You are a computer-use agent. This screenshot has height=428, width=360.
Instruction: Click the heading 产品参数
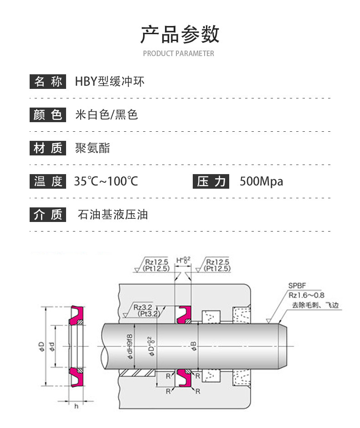coord(180,34)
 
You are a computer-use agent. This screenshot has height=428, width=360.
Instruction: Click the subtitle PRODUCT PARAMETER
coord(179,53)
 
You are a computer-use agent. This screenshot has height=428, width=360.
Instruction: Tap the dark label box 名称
coord(48,81)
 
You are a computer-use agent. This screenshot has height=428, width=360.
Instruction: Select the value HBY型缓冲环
coord(109,81)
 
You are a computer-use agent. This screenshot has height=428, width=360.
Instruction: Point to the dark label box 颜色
coord(48,115)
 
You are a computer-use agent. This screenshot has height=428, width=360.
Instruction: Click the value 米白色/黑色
coord(107,115)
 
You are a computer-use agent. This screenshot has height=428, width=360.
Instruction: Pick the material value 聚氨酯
coord(93,148)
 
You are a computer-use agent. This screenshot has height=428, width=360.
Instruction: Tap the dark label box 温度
coord(48,181)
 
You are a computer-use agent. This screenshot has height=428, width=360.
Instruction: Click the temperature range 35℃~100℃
coord(106,181)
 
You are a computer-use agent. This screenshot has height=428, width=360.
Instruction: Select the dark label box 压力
coord(211,181)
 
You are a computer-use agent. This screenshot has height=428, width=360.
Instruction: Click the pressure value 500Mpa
coord(261,181)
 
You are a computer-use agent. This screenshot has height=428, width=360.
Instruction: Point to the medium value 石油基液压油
coord(113,215)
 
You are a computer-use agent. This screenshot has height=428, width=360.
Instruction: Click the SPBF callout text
coord(297,286)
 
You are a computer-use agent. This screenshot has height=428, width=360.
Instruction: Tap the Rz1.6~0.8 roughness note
coord(307,295)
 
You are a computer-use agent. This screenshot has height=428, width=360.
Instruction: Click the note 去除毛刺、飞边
coord(315,305)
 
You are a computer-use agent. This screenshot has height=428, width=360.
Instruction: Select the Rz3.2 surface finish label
coord(143,307)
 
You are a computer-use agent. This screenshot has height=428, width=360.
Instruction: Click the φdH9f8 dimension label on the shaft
coord(129,347)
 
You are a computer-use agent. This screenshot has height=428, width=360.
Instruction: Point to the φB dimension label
coord(194,346)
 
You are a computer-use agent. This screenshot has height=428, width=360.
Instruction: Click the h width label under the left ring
coord(76,407)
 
